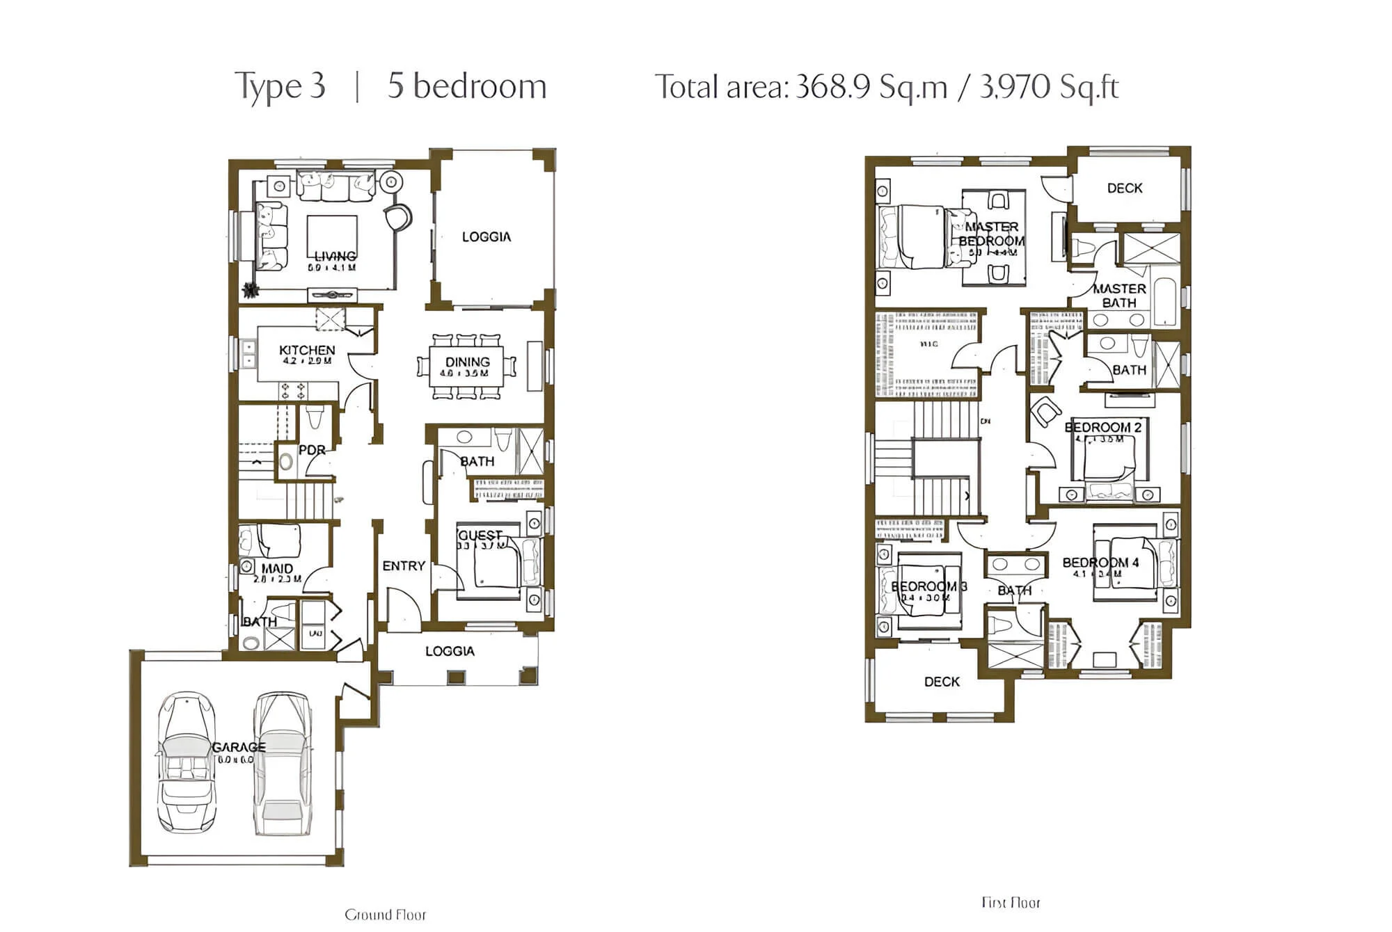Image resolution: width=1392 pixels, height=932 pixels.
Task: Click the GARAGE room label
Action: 239,747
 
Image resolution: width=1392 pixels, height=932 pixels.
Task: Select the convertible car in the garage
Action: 186,762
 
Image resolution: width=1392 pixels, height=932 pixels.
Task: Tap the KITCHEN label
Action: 307,350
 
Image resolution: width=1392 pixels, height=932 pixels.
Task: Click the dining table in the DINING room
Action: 467,366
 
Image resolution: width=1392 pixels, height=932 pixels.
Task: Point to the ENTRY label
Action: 404,566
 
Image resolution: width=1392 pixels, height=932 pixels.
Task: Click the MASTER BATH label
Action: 1119,296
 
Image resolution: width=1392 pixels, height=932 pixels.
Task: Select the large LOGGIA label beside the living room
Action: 487,237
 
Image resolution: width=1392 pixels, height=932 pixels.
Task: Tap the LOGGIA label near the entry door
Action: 450,652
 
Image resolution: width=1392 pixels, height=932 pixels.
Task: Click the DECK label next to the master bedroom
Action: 1125,188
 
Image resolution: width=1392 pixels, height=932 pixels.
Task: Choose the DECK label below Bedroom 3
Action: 942,682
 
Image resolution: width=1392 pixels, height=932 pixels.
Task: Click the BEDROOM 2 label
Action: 1103,427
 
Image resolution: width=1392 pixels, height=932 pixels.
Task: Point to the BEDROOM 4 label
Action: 1100,563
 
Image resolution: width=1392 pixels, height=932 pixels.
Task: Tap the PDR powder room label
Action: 312,450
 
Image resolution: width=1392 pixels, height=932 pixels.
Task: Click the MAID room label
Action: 277,568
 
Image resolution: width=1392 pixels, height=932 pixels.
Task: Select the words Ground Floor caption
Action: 385,915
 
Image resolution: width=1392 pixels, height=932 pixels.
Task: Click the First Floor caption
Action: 1011,903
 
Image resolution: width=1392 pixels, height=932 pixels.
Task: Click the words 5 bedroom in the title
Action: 466,86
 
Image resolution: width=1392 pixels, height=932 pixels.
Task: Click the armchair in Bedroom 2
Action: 1045,412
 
